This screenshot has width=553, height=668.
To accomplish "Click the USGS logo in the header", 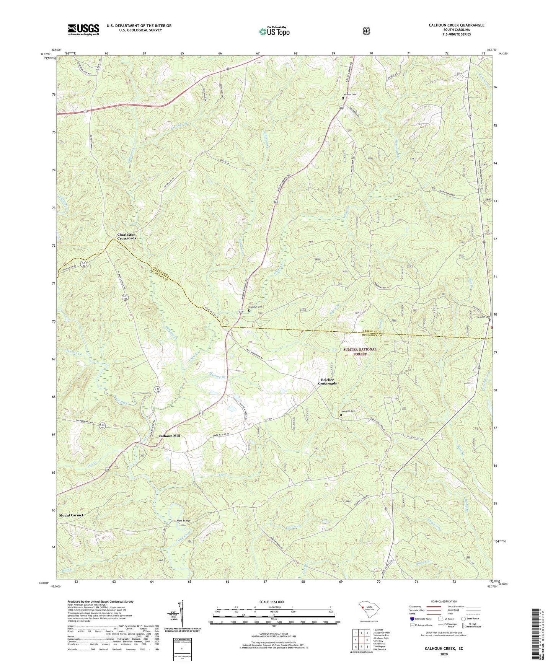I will click(83, 29).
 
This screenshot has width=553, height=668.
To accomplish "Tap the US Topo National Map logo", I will click(274, 31).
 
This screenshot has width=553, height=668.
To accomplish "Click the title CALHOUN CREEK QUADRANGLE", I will click(456, 25).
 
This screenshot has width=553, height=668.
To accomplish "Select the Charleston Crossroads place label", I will click(126, 236).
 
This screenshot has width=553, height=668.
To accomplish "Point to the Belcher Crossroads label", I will click(327, 381).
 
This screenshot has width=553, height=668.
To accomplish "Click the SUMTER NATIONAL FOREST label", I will click(360, 352).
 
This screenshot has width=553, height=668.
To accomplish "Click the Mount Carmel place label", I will click(71, 515).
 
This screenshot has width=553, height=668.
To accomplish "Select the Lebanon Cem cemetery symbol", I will click(343, 98).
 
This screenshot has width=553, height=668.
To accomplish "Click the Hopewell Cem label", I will click(348, 411).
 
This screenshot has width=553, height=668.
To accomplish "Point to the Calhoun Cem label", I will click(256, 307).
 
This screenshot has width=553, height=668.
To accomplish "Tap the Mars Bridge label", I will click(183, 521).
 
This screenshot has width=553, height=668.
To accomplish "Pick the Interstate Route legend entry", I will click(421, 619).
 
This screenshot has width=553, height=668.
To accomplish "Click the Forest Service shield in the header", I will click(366, 31).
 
